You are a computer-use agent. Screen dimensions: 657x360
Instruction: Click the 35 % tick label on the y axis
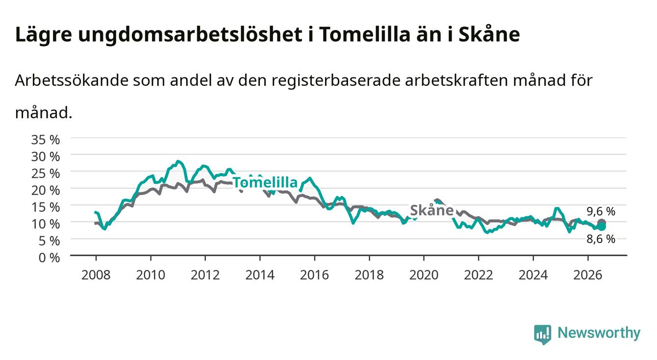46,140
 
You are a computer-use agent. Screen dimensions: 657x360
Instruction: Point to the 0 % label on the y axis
49,258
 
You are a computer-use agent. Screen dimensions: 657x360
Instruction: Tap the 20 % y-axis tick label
46,190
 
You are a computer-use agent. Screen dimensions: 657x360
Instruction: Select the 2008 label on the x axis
96,275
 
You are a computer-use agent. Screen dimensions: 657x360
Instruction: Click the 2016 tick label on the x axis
314,275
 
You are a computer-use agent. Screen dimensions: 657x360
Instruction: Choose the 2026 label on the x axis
588,275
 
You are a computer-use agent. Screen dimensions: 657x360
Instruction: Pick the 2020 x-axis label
424,275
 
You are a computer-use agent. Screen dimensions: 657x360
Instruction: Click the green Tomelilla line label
265,182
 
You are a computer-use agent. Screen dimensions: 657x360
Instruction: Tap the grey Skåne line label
432,210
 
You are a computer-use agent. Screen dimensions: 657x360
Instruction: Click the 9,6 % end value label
601,211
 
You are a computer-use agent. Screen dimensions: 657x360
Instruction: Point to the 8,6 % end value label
601,239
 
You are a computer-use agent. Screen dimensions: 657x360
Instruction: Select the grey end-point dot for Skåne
602,223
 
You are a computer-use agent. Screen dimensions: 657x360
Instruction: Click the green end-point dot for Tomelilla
602,227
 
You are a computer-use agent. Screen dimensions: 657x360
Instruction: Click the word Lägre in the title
44,35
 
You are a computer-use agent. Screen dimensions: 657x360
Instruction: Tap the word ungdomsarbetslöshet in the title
190,35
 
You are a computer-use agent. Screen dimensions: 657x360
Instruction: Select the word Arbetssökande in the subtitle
72,80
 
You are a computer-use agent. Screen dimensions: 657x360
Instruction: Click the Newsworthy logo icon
542,334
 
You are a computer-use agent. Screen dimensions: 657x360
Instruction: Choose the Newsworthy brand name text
599,333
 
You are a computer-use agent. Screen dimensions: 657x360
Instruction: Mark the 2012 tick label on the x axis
205,275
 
